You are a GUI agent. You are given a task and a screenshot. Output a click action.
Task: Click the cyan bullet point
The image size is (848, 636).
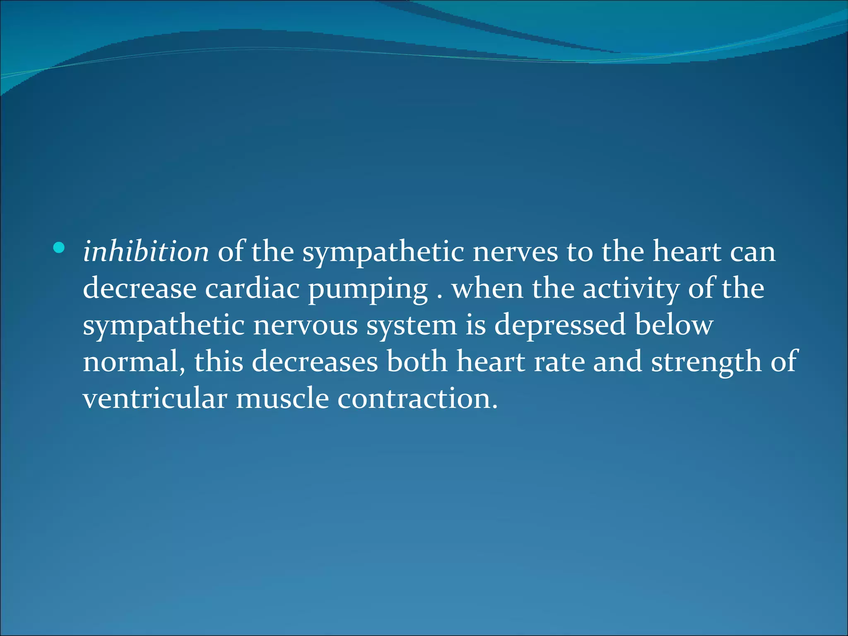(59, 248)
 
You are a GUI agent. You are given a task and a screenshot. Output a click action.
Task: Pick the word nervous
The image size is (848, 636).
(305, 325)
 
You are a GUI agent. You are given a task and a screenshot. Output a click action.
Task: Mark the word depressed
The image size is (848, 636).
(560, 325)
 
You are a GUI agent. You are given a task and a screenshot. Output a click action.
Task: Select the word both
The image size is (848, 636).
(417, 361)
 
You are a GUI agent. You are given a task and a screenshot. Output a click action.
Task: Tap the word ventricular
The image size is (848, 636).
(155, 398)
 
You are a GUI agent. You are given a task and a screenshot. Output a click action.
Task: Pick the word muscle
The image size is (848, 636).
(282, 398)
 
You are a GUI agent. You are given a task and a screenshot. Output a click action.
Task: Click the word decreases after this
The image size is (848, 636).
(315, 362)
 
